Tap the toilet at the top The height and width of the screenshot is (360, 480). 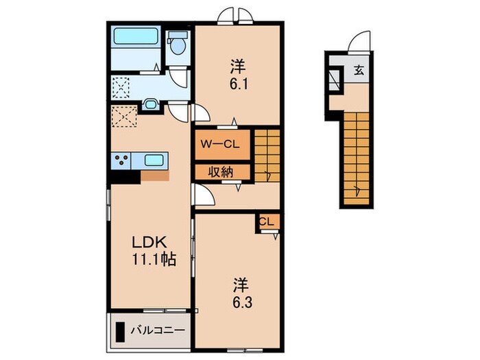click(178, 44)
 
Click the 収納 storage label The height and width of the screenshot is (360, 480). click(216, 171)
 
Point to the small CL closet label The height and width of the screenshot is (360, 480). click(267, 221)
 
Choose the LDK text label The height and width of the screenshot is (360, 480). click(149, 243)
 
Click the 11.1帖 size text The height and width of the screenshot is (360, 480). click(152, 260)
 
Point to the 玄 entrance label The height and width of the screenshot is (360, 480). click(359, 69)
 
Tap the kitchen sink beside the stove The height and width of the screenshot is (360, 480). click(154, 160)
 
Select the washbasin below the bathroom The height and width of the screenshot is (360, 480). click(151, 105)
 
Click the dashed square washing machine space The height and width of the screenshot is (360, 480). click(122, 86)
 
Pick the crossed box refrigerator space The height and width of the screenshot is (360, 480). click(125, 118)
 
